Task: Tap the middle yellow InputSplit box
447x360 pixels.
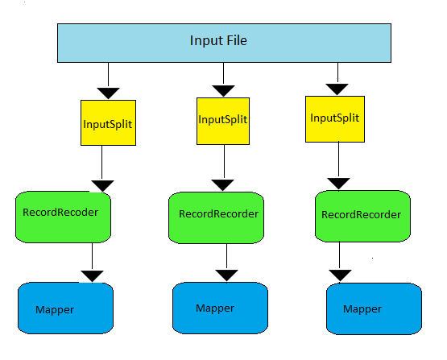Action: (221, 120)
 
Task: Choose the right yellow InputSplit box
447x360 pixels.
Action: (333, 118)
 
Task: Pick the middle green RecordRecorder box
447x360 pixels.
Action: (217, 216)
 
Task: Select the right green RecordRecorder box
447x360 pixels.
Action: (361, 216)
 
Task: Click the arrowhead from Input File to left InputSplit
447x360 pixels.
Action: (108, 90)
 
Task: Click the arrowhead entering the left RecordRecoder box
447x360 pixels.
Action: (102, 186)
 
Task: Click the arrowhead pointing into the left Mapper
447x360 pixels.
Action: (93, 276)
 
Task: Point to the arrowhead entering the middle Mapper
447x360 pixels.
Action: (226, 275)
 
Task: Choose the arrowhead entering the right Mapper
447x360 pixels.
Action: (341, 275)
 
